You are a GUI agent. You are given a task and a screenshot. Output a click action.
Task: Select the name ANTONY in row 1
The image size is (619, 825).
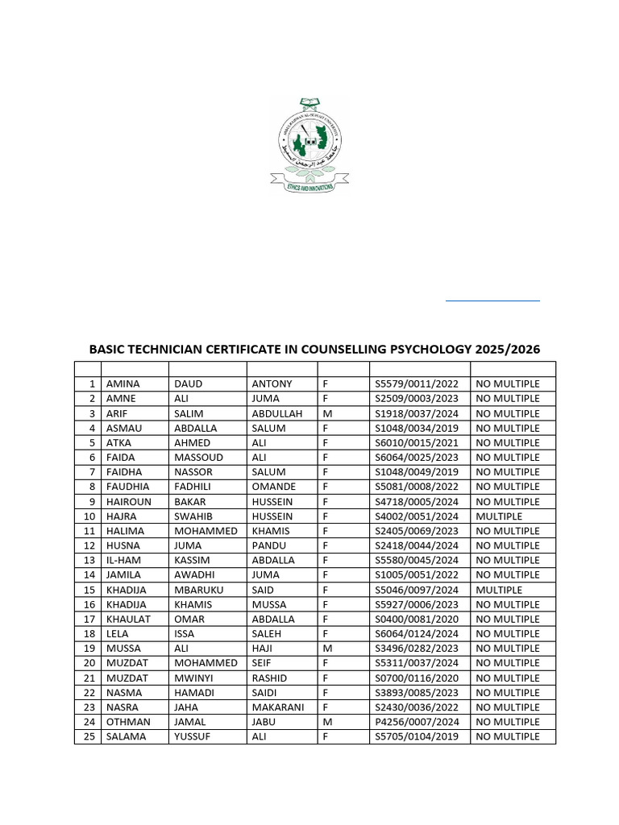point(272,384)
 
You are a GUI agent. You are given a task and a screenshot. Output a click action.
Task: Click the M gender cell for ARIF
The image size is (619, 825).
point(327,413)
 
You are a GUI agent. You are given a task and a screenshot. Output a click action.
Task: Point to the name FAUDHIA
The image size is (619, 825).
point(127,487)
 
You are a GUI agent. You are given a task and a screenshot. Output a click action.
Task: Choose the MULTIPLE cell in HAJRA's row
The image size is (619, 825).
point(499,516)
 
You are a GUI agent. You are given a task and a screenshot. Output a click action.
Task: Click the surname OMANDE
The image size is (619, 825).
point(274,487)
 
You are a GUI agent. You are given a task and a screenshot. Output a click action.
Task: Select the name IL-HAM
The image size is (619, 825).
point(124,560)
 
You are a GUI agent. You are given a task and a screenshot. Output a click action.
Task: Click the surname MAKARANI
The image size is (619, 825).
point(279,707)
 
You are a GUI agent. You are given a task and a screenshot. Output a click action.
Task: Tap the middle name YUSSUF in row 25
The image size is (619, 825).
point(192,736)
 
